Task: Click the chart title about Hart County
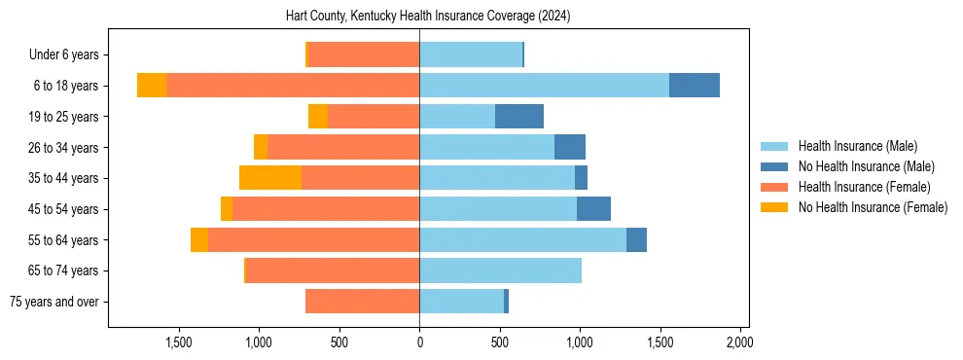428,17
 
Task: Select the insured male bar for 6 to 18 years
544,86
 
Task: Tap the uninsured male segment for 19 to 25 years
519,117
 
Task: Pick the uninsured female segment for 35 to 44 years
270,178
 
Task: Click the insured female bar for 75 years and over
362,302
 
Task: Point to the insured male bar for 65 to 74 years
500,270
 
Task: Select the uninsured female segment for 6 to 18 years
152,86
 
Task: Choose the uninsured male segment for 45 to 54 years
593,209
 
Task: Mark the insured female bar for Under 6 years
364,54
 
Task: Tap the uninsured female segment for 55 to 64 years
199,240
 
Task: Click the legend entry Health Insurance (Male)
857,146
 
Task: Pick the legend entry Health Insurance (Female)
864,187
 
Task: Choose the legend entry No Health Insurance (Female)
873,207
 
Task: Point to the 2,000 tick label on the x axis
739,342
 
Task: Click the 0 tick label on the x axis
419,342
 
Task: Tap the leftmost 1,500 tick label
179,342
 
